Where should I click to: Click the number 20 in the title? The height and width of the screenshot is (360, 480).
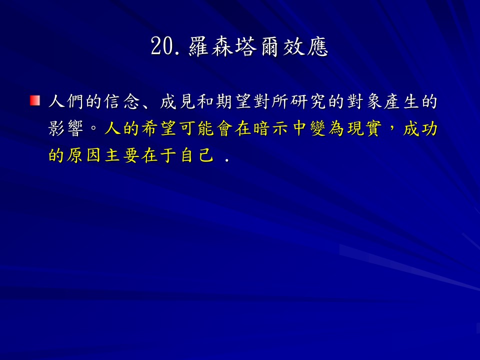pyautogui.click(x=162, y=46)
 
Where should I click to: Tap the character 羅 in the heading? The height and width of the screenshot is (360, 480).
pyautogui.click(x=198, y=47)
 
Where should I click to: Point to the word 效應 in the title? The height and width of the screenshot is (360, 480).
pyautogui.click(x=305, y=47)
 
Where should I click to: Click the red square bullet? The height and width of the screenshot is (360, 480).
pyautogui.click(x=35, y=100)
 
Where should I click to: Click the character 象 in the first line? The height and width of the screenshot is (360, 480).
pyautogui.click(x=373, y=101)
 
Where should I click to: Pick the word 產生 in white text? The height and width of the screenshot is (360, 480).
pyautogui.click(x=401, y=101)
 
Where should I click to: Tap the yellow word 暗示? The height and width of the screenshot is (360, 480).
pyautogui.click(x=270, y=128)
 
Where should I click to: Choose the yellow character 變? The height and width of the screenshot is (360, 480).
pyautogui.click(x=317, y=128)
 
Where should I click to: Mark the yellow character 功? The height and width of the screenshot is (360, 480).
pyautogui.click(x=429, y=128)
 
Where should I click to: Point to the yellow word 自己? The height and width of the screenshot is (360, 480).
pyautogui.click(x=197, y=155)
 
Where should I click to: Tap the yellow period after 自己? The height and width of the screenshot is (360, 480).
pyautogui.click(x=227, y=160)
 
